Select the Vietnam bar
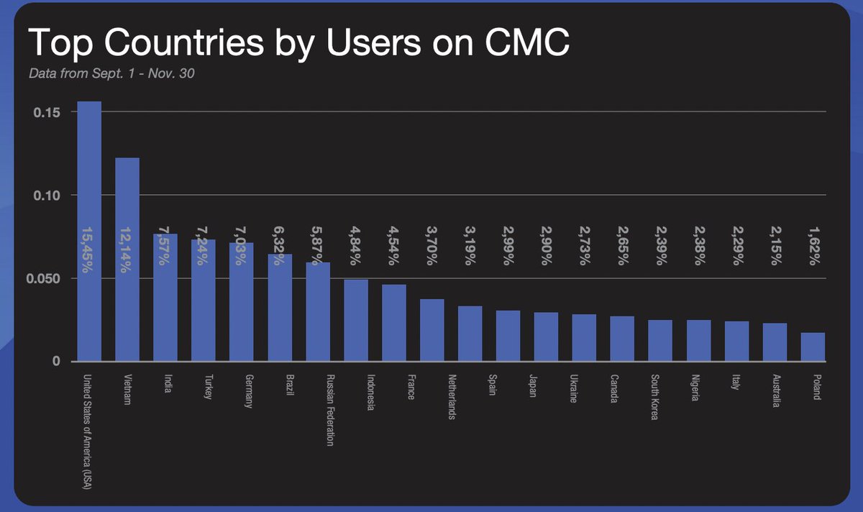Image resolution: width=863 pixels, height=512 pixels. click(x=127, y=260)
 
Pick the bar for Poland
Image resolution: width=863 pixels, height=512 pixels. click(x=813, y=347)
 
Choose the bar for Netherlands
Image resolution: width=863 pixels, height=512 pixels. click(x=431, y=330)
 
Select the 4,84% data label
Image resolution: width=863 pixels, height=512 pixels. click(x=355, y=244)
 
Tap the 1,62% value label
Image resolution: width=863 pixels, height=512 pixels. click(x=813, y=244)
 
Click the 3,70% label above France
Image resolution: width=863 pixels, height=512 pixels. click(x=431, y=244)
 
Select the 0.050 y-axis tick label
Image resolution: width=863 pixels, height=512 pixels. click(x=42, y=278)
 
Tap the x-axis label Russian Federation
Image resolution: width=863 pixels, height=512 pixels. click(x=330, y=410)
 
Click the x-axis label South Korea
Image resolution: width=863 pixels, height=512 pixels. click(x=654, y=396)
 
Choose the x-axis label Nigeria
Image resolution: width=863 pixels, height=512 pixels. click(x=692, y=388)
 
